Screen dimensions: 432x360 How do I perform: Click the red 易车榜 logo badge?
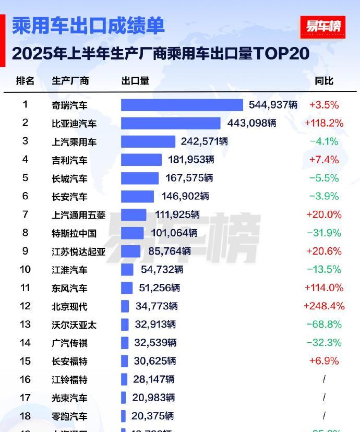coord(322,27)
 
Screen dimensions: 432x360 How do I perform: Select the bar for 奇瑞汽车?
coord(182,105)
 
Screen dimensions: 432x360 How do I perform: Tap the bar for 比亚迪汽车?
coord(171,123)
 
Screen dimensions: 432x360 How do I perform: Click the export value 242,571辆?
coord(204,141)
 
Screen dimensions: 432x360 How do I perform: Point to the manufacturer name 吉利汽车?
coord(69,160)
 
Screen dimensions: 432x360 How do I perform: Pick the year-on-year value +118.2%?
coord(323,123)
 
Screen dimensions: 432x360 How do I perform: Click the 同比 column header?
coord(324,81)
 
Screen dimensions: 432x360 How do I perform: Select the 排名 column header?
coord(25,81)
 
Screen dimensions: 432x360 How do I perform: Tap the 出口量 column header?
coord(135,81)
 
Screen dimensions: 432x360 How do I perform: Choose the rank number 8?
coord(25,233)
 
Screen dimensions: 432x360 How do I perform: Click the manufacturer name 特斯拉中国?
coord(74,233)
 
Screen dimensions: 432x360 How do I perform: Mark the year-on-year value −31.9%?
coord(323,233)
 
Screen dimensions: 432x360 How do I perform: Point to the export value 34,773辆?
coord(157,306)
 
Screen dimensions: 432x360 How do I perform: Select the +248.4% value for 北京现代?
coord(323,306)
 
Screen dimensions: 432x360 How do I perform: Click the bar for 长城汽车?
coord(140,178)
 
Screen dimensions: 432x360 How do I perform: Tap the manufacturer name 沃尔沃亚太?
coord(74,325)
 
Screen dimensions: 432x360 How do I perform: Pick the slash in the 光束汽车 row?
coord(324,398)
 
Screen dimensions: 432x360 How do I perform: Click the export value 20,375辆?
coord(153,416)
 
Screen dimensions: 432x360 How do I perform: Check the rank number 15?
coord(25,361)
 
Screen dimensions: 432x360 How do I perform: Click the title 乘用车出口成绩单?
coord(88,26)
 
